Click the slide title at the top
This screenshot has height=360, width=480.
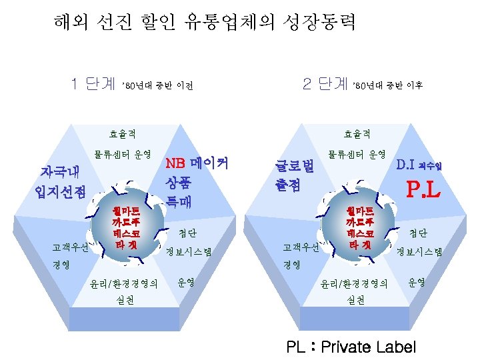205,23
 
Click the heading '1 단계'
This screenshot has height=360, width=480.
93,85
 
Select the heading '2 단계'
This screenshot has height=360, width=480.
325,84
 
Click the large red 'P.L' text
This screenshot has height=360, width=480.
424,192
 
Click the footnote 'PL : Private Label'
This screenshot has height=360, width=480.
351,347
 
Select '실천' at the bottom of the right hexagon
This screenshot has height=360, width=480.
356,301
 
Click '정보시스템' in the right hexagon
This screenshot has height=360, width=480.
419,252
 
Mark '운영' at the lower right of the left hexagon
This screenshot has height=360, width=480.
187,282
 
